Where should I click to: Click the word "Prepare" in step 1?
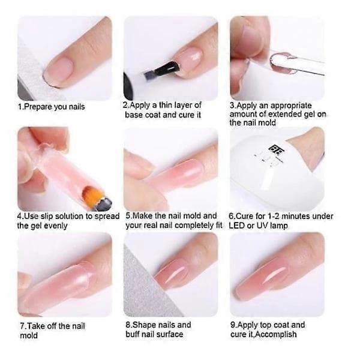coord(38,107)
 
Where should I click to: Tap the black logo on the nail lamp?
coord(275,149)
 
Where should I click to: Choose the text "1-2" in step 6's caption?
coord(274,216)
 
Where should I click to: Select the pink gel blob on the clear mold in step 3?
coord(281,63)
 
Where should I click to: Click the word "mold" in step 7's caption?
coord(29,335)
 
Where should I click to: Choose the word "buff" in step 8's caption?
coord(133,334)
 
